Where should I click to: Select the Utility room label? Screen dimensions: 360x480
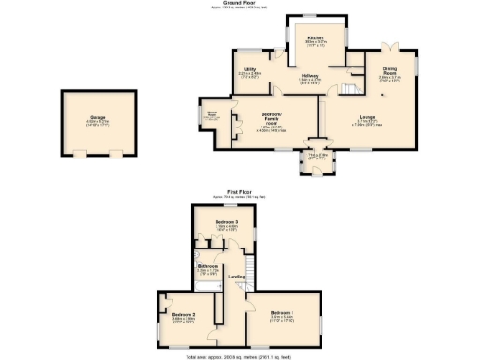point(250,70)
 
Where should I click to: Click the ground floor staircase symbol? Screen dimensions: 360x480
point(348,88)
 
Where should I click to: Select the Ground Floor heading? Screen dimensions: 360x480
point(240,4)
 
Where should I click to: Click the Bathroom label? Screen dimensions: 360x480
point(208,267)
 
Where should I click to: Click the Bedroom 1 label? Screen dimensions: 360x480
point(282,312)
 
